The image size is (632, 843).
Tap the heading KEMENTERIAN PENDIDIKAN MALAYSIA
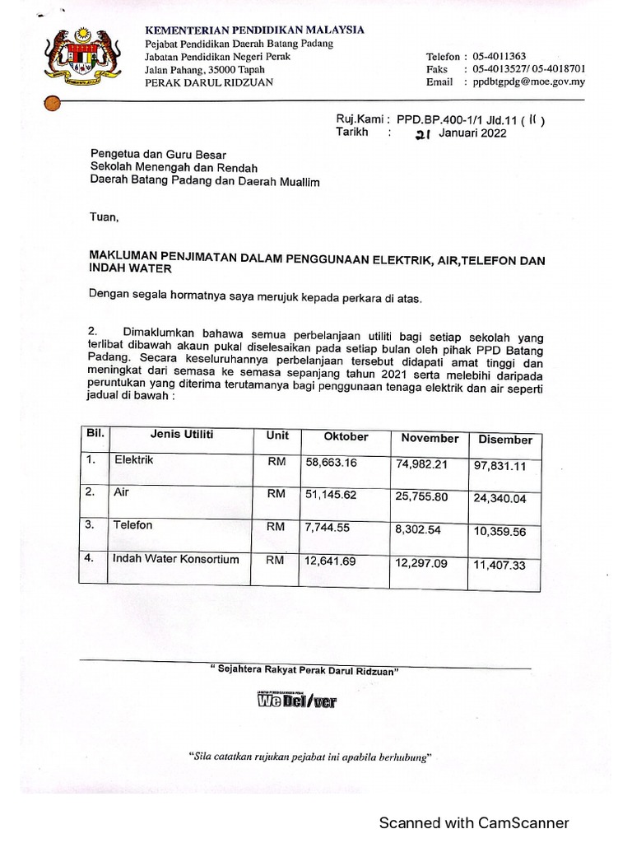[x=254, y=30]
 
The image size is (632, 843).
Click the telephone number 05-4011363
[x=500, y=56]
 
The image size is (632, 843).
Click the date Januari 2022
[x=472, y=133]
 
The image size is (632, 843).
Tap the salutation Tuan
[x=105, y=218]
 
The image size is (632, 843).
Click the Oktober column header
[x=346, y=436]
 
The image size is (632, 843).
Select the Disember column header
[x=504, y=440]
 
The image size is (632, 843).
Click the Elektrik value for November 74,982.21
[x=421, y=463]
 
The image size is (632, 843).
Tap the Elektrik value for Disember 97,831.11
[x=500, y=466]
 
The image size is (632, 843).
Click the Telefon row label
[x=132, y=524]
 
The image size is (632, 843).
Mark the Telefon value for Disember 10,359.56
[x=500, y=532]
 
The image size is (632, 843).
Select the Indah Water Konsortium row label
[x=175, y=559]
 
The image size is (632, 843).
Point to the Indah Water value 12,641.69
[x=331, y=561]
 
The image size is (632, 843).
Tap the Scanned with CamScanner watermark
[x=473, y=822]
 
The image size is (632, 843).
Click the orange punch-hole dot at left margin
[x=51, y=103]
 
